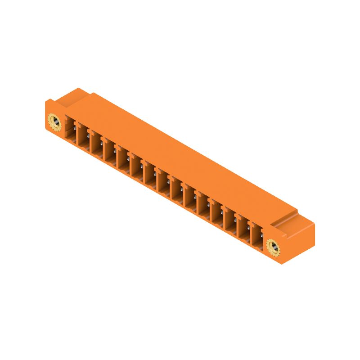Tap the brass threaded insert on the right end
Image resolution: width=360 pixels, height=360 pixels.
pos(273,246)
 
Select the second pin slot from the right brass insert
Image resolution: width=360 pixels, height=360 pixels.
pos(244,228)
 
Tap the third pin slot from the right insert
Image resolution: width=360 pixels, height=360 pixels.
pos(231,220)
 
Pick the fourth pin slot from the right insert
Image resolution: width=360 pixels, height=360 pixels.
pos(218,213)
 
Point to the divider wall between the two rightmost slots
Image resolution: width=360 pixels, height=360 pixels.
pos(251,233)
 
